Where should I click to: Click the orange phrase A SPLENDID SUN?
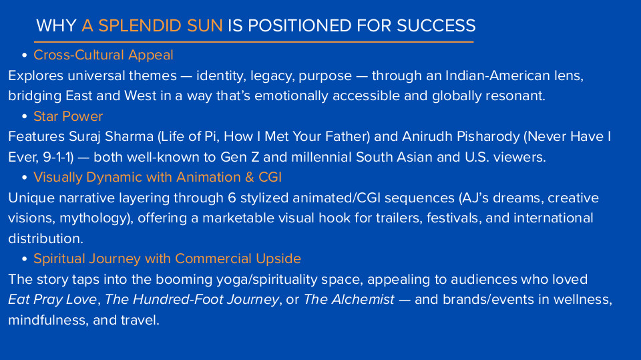(x=152, y=26)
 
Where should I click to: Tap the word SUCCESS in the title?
(x=436, y=26)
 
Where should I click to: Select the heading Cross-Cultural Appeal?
(x=103, y=55)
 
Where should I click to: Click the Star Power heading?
(x=68, y=116)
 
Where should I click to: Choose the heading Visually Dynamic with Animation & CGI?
(x=158, y=177)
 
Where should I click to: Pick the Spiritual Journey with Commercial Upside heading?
(x=167, y=258)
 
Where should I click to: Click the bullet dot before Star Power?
(x=25, y=117)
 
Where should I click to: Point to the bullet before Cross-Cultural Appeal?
(x=25, y=55)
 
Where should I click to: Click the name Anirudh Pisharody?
(x=461, y=137)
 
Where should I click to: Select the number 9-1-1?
(x=57, y=157)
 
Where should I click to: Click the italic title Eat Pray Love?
(x=52, y=299)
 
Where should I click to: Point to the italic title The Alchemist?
(x=349, y=299)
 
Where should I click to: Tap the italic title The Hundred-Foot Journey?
(x=192, y=299)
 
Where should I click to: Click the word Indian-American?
(x=497, y=75)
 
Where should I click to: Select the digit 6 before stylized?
(x=232, y=198)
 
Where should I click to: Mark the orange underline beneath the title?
(x=254, y=41)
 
